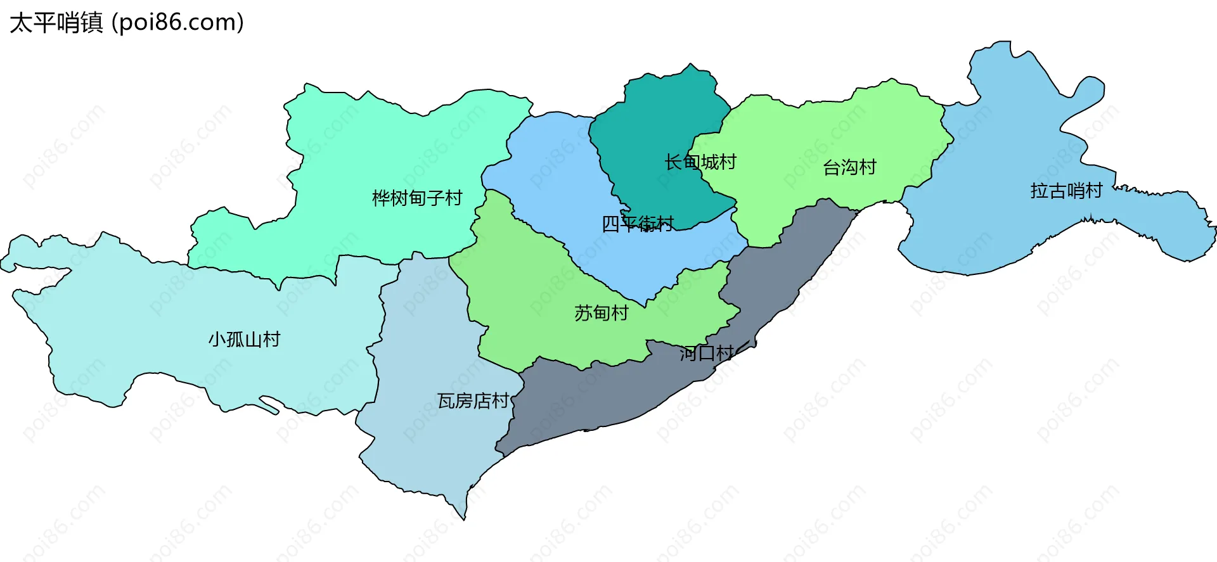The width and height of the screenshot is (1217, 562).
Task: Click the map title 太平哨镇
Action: [x=56, y=23]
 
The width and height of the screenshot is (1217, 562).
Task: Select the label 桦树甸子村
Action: [x=417, y=198]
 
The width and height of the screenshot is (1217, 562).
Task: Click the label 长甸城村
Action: [x=700, y=162]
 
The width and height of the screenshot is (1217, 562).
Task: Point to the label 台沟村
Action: [x=849, y=167]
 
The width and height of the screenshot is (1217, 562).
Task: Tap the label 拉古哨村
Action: [x=1066, y=191]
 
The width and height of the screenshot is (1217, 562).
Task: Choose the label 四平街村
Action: [x=637, y=224]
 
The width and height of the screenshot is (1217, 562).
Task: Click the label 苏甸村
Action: [x=601, y=313]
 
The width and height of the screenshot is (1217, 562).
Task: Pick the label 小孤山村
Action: [x=244, y=340]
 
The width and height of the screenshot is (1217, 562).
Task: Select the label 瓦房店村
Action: [x=473, y=401]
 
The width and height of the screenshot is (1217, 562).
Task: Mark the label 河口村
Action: [x=707, y=354]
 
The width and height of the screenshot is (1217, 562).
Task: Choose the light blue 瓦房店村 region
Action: [x=431, y=444]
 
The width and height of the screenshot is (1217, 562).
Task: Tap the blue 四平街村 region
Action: [x=551, y=165]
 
